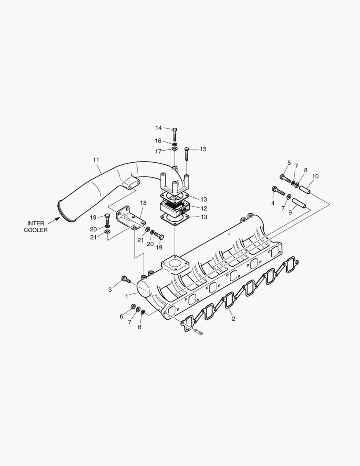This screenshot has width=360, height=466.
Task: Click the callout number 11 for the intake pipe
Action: click(96, 160)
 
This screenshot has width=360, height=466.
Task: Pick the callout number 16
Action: click(158, 141)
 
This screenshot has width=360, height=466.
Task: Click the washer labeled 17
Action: click(175, 149)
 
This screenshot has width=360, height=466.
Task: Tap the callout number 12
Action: click(204, 208)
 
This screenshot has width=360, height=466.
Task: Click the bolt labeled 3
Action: click(126, 279)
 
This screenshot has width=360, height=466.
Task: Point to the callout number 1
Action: click(126, 296)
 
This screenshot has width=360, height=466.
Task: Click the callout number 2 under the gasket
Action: click(233, 319)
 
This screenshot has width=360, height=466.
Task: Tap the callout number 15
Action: click(203, 149)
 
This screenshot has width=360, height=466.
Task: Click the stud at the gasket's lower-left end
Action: click(198, 331)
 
